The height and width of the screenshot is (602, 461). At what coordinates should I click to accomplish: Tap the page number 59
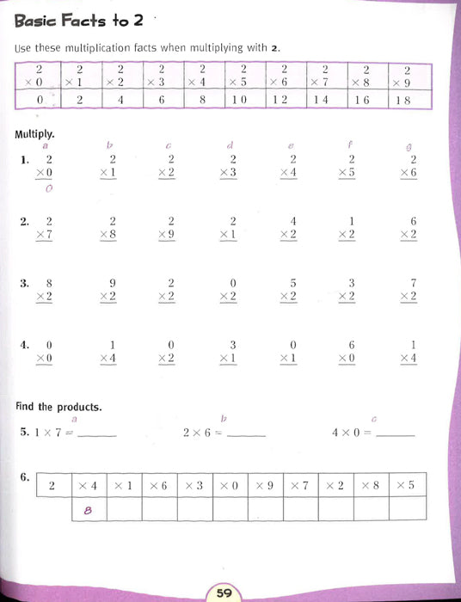point(224,592)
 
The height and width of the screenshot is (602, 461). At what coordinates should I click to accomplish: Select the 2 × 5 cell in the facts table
point(242,76)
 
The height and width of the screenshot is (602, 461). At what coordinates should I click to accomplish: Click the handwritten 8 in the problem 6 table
point(87,510)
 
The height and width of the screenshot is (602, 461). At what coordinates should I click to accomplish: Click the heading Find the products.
point(58,406)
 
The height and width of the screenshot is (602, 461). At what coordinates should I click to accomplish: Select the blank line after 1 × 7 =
point(97,435)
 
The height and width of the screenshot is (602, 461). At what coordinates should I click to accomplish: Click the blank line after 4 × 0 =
point(396,435)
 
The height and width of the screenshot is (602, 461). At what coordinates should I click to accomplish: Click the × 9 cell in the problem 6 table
point(265,485)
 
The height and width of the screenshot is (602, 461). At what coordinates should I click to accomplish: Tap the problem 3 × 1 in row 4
point(230,351)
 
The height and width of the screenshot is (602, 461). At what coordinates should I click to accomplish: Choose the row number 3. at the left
point(25,282)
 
